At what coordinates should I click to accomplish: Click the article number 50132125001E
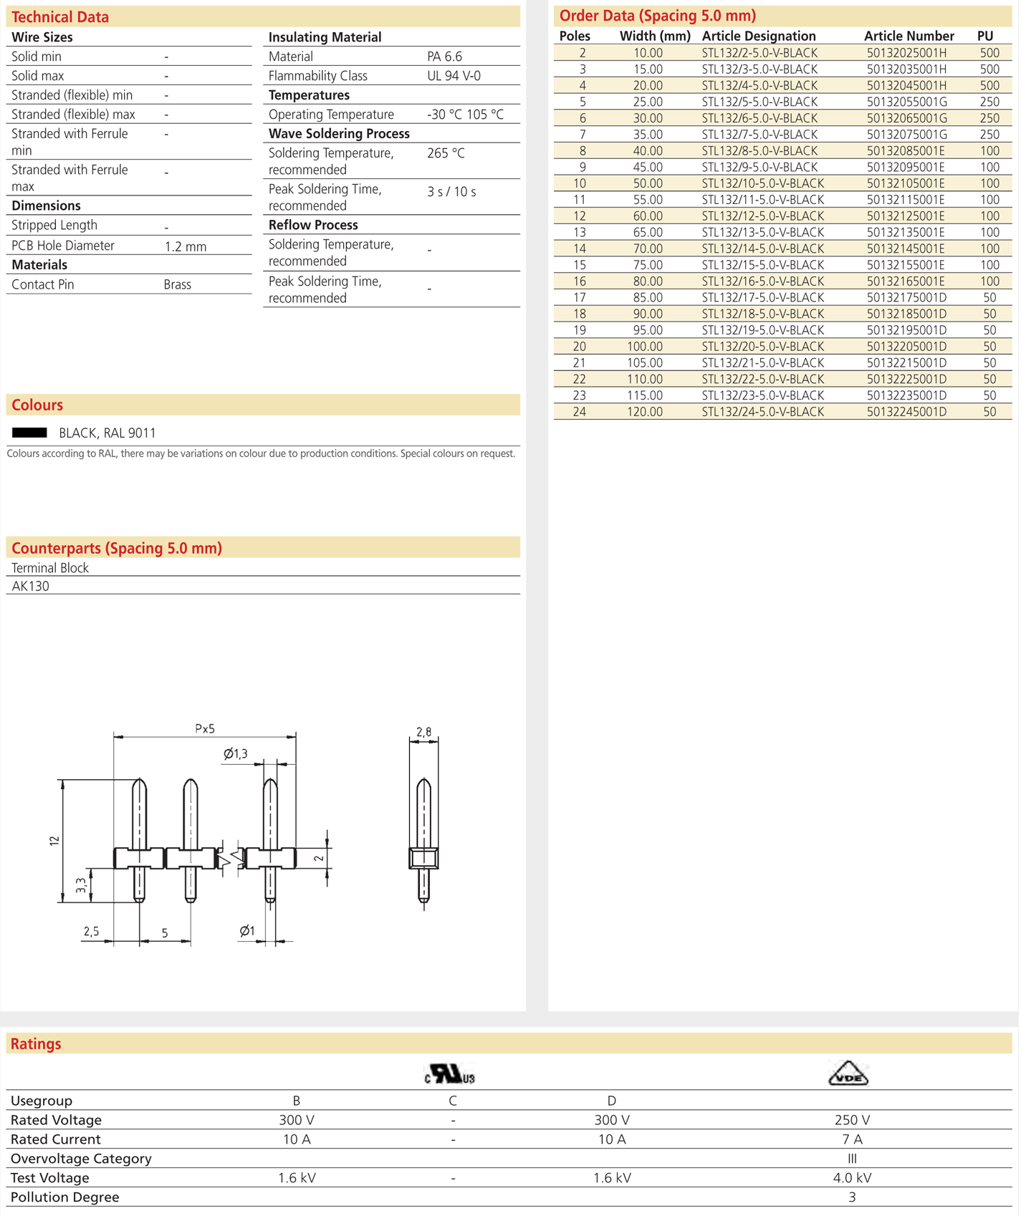[x=906, y=216]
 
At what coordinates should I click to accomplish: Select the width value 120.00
[x=644, y=412]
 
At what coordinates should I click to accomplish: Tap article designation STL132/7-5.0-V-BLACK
[x=759, y=135]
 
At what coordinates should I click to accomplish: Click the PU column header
[x=985, y=36]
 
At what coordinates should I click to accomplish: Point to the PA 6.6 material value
[x=444, y=57]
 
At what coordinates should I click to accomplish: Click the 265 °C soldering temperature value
[x=446, y=153]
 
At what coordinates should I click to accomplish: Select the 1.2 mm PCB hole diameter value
[x=185, y=246]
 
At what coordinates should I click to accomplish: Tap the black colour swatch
[x=29, y=433]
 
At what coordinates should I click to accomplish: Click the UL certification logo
[x=450, y=1074]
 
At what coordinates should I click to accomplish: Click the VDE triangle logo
[x=848, y=1074]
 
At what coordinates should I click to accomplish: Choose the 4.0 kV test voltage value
[x=852, y=1178]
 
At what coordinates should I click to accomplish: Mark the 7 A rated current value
[x=852, y=1139]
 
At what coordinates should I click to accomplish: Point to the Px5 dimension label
[x=205, y=729]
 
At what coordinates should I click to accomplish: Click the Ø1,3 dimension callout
[x=236, y=753]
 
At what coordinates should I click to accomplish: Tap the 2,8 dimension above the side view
[x=423, y=732]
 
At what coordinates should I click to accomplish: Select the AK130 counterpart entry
[x=31, y=586]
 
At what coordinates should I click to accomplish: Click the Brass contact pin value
[x=177, y=284]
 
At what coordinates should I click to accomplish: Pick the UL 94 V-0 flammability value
[x=454, y=76]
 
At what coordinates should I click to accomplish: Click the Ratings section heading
[x=36, y=1044]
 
